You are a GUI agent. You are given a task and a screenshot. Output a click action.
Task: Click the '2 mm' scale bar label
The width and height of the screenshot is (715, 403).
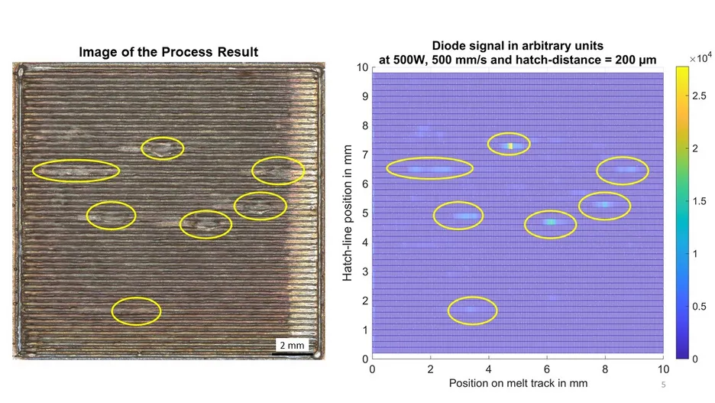pyautogui.click(x=292, y=345)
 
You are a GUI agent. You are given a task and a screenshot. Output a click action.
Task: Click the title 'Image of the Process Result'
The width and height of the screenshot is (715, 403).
pyautogui.click(x=169, y=52)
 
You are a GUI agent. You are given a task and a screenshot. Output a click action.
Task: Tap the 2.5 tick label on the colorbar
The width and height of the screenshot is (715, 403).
pyautogui.click(x=699, y=96)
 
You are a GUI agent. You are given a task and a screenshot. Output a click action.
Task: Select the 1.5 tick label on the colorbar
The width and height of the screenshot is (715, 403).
pyautogui.click(x=699, y=201)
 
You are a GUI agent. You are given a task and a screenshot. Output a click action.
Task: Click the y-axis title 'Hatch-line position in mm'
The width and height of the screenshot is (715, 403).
pyautogui.click(x=348, y=213)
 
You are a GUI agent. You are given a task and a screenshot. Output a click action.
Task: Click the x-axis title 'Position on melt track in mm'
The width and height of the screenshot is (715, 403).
pyautogui.click(x=518, y=383)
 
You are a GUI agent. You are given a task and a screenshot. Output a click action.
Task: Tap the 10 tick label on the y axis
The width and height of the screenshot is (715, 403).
pyautogui.click(x=363, y=67)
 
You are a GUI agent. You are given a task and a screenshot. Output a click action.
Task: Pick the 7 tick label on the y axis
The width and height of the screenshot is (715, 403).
pyautogui.click(x=365, y=155)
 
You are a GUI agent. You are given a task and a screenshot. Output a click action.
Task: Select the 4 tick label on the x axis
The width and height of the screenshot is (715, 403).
pyautogui.click(x=488, y=369)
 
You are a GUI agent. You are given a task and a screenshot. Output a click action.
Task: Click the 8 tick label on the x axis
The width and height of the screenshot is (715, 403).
pyautogui.click(x=605, y=369)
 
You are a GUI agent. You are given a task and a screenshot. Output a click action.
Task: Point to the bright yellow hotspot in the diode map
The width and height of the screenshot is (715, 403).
pyautogui.click(x=511, y=146)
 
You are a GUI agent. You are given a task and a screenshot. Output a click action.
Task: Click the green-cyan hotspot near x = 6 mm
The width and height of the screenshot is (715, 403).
pyautogui.click(x=551, y=223)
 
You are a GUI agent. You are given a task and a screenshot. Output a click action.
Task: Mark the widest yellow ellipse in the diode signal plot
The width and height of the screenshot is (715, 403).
pyautogui.click(x=429, y=158)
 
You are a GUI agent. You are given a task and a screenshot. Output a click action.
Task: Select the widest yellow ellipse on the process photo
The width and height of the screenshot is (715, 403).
pyautogui.click(x=76, y=160)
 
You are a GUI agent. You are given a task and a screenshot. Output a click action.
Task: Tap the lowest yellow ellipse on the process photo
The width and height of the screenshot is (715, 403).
pyautogui.click(x=136, y=297)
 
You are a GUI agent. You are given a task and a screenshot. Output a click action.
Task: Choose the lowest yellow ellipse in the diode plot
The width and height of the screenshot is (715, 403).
pyautogui.click(x=472, y=297)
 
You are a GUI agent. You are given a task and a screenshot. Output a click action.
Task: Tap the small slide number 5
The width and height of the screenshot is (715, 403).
pyautogui.click(x=664, y=385)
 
